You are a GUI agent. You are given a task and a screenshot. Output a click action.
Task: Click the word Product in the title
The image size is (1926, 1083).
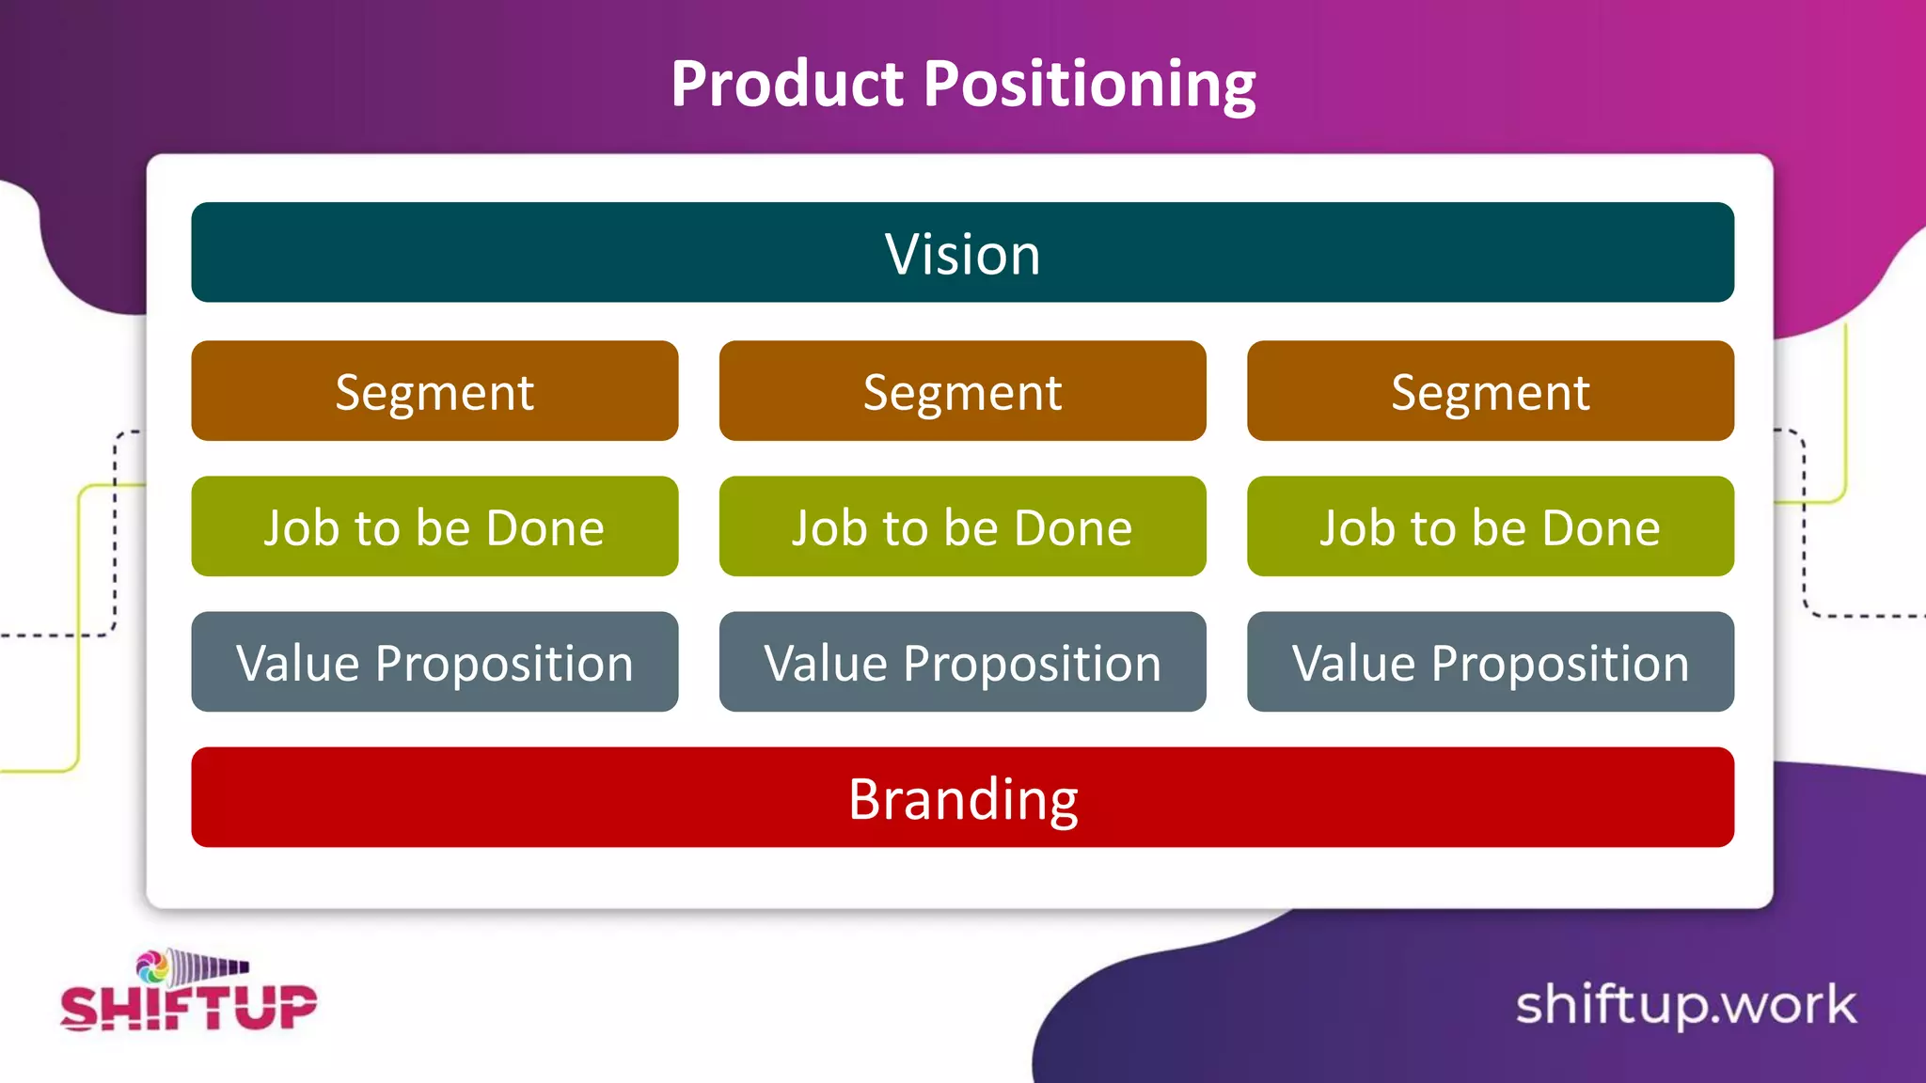787,84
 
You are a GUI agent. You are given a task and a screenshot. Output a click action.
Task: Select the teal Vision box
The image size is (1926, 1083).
962,252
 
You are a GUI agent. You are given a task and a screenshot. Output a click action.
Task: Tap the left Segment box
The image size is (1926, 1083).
434,391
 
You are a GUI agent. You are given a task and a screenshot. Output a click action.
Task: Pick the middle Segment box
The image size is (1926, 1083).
962,391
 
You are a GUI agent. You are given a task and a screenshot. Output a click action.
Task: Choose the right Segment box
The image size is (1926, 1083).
1490,391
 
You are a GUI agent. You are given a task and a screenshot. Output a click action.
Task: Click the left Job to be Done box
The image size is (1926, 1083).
434,526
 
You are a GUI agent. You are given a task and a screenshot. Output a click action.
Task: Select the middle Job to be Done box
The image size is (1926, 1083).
962,526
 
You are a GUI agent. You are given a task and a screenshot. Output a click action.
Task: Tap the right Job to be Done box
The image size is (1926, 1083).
1490,526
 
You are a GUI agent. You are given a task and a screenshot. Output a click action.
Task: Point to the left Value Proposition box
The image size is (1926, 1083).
434,662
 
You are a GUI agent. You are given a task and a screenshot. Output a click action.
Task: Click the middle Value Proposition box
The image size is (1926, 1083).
962,662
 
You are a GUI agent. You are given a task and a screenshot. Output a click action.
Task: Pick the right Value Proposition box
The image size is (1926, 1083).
1490,662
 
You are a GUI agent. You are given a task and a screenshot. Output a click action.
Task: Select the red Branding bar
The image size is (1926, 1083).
962,797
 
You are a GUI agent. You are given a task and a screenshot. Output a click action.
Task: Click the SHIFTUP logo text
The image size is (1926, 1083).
188,1008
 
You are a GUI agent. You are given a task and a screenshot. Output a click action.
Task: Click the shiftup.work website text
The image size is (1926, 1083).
1685,1005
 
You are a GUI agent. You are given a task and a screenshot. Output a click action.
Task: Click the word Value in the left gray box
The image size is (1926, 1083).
298,664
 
